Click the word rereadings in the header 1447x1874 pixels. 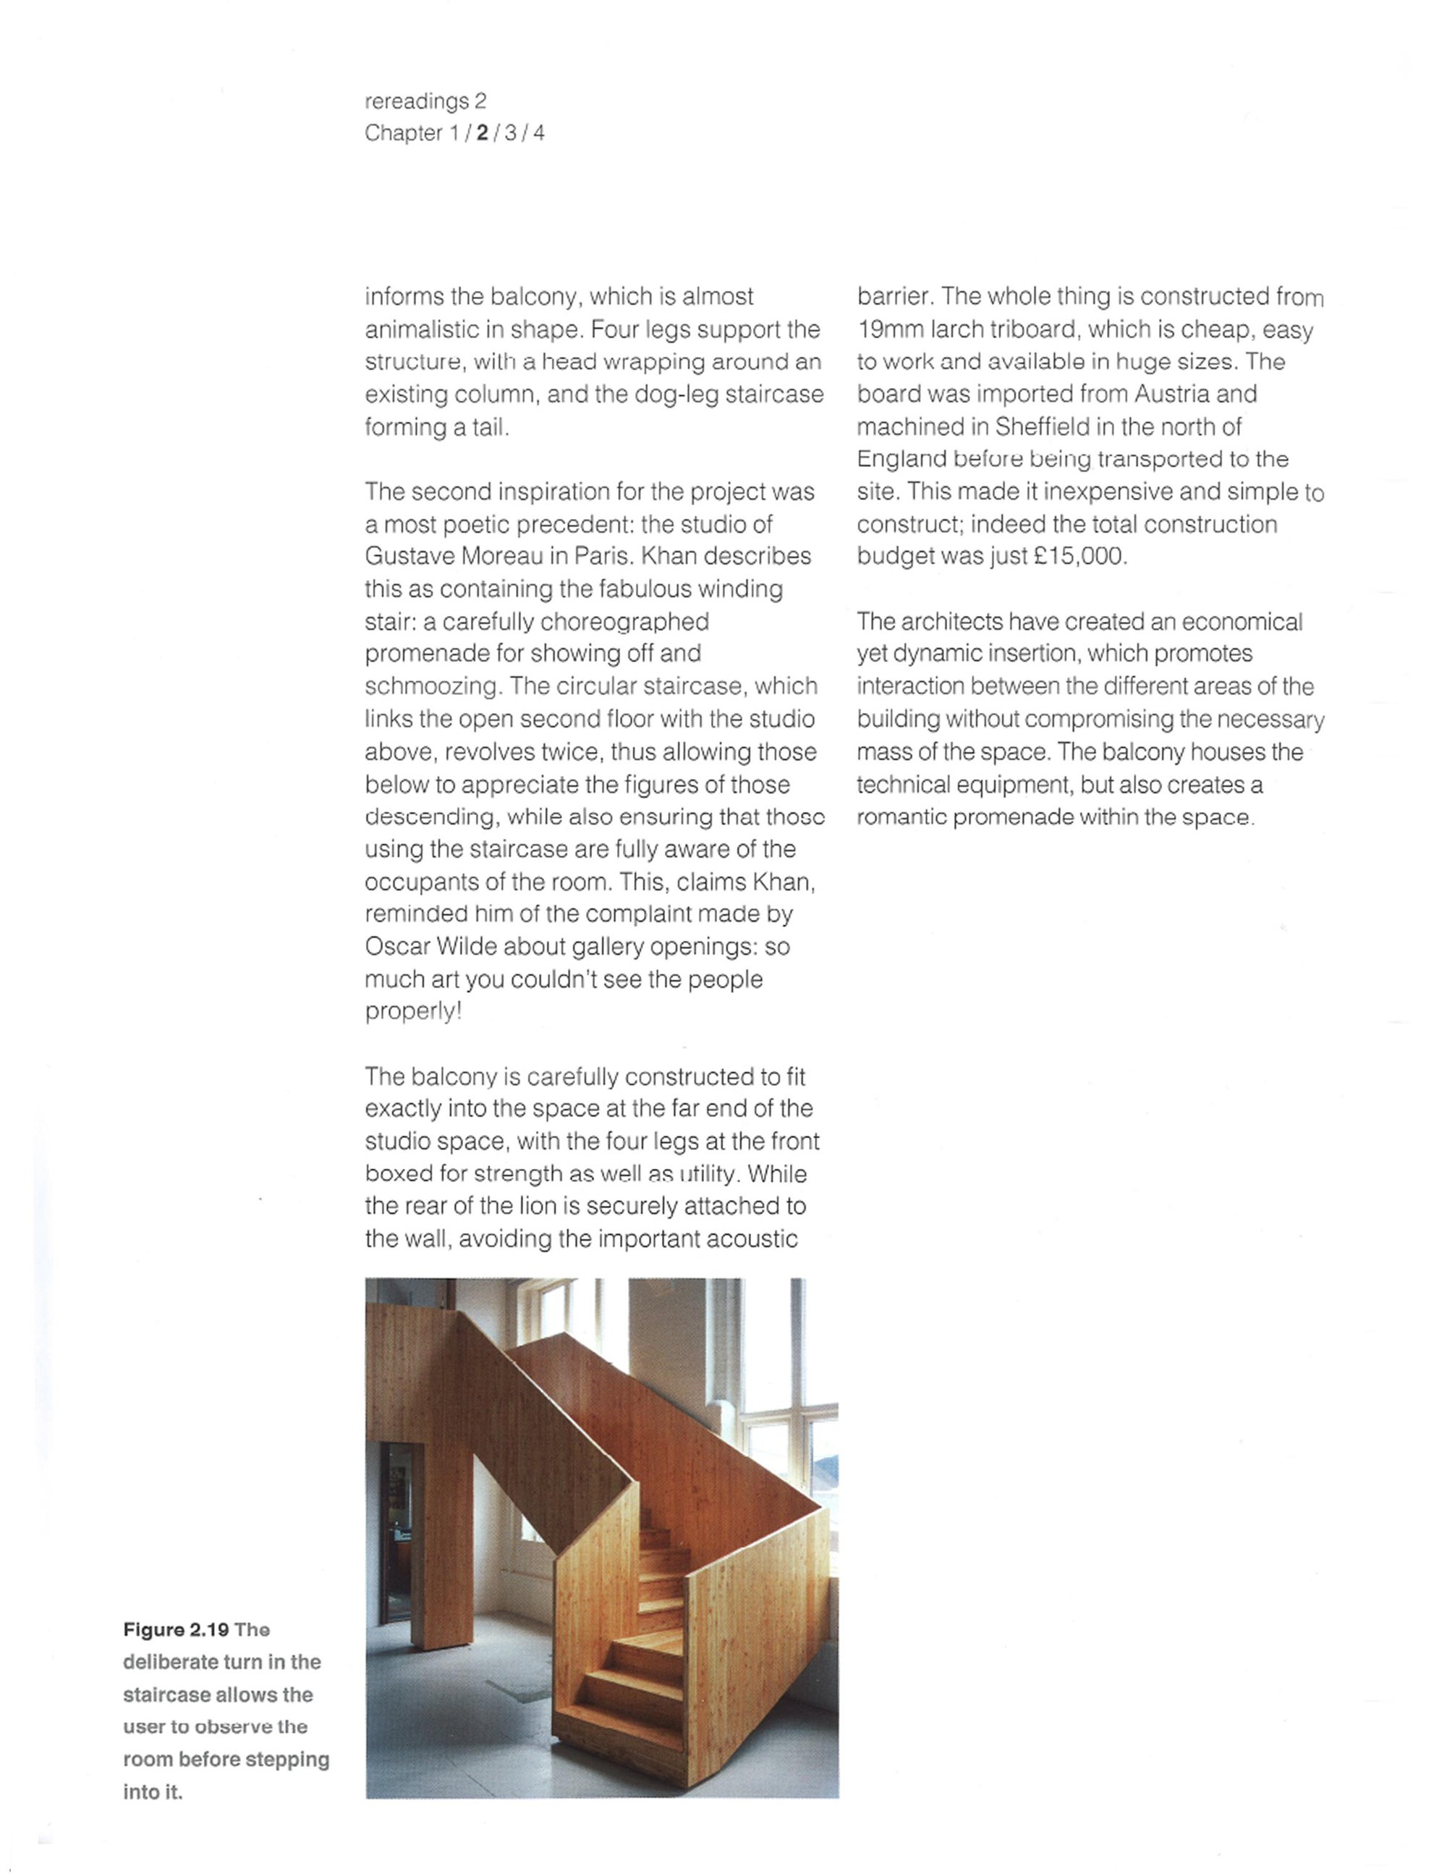click(x=417, y=101)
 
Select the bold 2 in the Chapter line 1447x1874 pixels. click(x=482, y=133)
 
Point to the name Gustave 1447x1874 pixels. click(x=410, y=556)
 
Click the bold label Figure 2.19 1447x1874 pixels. click(x=175, y=1629)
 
